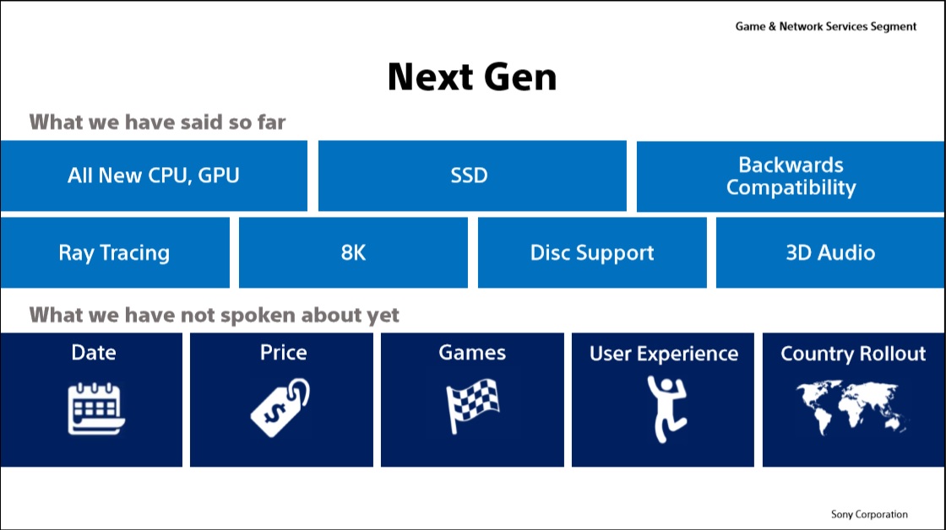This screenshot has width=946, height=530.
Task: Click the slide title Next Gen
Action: pos(472,78)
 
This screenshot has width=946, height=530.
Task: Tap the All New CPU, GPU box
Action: pos(154,176)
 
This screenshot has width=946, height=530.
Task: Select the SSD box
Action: pos(472,176)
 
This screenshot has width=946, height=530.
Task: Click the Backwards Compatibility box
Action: pos(791,176)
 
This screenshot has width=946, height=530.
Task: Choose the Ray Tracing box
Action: pos(114,252)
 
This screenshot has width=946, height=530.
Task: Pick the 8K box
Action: pos(353,252)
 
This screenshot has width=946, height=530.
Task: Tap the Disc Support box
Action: pos(592,252)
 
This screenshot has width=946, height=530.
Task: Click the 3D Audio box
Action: pos(830,252)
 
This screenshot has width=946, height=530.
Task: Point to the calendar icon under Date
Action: pos(95,408)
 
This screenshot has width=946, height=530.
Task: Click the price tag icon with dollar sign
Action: pos(281,408)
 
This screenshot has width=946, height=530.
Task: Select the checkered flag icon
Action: pos(472,408)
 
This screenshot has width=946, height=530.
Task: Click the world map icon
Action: pos(853,408)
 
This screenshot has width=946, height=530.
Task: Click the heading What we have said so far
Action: pos(158,122)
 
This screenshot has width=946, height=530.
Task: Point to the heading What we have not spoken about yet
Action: pos(215,315)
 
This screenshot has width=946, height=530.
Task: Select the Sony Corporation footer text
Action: pos(869,514)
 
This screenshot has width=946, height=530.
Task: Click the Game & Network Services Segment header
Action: pos(825,26)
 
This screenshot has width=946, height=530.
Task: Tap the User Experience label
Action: pos(663,354)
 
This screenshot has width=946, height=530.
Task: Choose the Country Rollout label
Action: pos(853,354)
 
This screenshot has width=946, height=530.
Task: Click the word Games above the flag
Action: pos(472,352)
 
